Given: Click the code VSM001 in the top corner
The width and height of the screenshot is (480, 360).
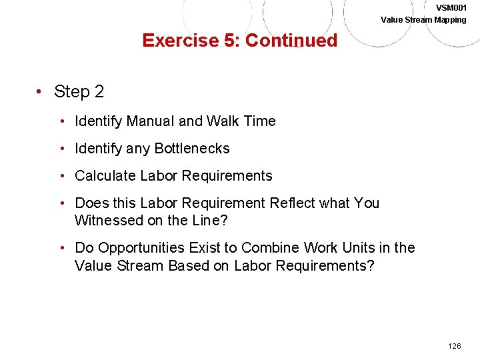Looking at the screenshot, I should pos(451,7).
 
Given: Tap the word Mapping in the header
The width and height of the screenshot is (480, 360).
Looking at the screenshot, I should pos(451,19).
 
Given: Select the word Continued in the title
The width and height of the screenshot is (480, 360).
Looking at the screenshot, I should pos(291,41).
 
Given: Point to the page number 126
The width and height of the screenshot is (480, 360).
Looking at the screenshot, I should pos(454,346).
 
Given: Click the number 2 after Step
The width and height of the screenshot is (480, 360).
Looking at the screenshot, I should pos(99,92).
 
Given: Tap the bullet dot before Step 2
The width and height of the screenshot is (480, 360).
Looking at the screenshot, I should pos(41,92).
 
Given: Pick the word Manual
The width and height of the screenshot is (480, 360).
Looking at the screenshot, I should pos(150,121).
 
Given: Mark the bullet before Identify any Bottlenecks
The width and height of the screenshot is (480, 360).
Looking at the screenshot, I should pos(61,149).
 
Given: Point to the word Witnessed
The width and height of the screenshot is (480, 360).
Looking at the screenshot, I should pos(108,220).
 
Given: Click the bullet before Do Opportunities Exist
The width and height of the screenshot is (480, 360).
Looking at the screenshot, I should pos(61,248).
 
